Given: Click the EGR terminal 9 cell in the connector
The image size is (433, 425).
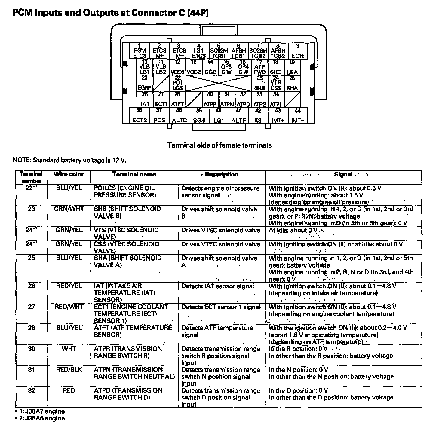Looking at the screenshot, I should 298,51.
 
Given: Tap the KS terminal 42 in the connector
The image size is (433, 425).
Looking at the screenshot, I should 258,116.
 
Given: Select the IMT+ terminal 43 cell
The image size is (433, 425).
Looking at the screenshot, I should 278,116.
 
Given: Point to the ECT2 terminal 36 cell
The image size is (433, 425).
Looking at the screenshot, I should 140,116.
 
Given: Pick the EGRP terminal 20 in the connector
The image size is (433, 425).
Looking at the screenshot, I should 145,83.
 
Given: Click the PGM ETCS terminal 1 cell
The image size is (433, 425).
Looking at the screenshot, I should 140,51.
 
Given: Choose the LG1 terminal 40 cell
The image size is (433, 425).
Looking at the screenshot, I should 219,116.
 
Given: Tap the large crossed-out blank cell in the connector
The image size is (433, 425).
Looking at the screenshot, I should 219,83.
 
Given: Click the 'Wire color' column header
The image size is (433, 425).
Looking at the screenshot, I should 69,174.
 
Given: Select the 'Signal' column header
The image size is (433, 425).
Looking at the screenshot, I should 343,174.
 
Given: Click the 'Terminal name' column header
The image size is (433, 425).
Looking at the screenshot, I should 134,174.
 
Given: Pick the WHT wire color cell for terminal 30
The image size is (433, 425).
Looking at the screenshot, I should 69,349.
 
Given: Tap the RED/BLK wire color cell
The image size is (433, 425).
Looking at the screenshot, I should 69,370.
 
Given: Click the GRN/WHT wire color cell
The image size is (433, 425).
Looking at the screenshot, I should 69,209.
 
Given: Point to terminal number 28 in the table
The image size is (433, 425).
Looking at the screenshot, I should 31,328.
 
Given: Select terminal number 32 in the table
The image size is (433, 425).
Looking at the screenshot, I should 31,391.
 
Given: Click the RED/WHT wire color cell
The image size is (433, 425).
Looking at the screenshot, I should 69,307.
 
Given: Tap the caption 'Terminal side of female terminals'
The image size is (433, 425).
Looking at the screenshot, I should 219,145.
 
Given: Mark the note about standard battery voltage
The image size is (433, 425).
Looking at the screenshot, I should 69,160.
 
